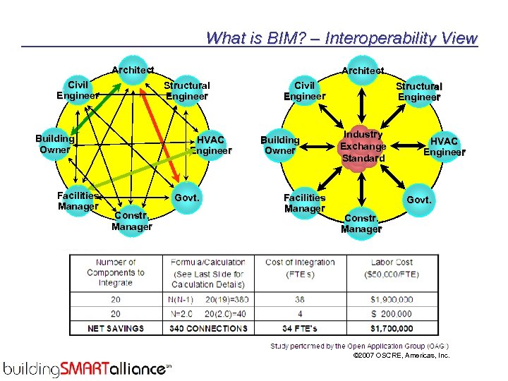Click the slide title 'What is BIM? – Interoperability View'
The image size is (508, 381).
click(x=341, y=38)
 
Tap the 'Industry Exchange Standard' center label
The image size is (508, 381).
click(x=363, y=146)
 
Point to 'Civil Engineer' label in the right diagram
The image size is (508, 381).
click(x=304, y=90)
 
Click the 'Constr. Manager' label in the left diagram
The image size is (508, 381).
click(x=131, y=221)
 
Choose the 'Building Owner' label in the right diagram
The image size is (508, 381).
click(x=280, y=145)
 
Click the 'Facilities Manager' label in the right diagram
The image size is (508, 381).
click(x=304, y=203)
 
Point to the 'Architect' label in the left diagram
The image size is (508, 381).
click(x=133, y=70)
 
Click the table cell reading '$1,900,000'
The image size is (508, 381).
click(x=390, y=299)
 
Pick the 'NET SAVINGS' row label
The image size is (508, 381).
click(x=115, y=328)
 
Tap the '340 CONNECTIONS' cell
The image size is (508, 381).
click(x=208, y=328)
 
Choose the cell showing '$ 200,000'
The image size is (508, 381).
click(x=390, y=314)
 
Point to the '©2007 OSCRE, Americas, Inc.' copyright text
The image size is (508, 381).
click(x=401, y=356)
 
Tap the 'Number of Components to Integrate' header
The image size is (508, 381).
click(x=115, y=272)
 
